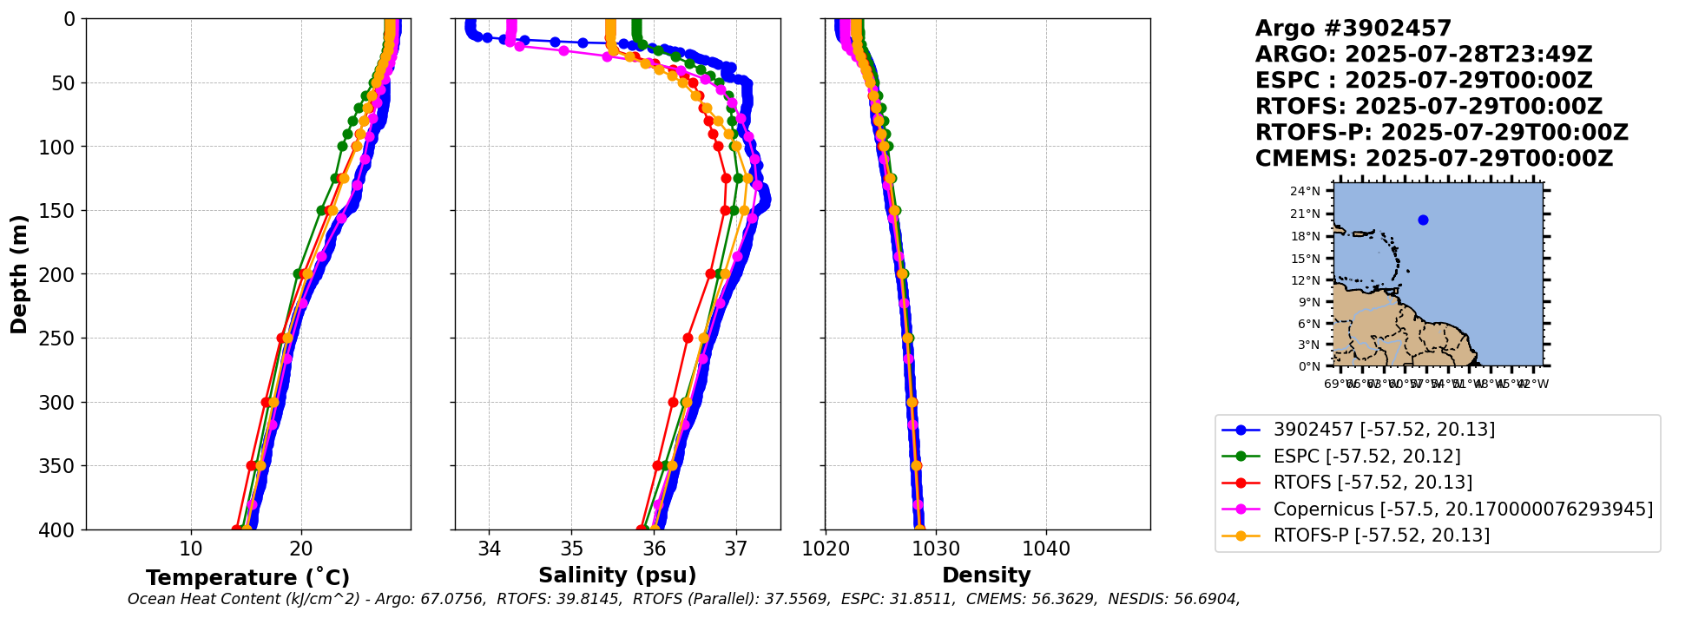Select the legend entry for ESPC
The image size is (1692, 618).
[1366, 457]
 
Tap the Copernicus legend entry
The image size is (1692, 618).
[1462, 510]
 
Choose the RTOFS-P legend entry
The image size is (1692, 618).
[1380, 536]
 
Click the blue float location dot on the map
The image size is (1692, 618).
[1423, 220]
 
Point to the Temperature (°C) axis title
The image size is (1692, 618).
[247, 578]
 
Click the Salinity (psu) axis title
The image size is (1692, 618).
[617, 575]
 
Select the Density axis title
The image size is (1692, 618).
[986, 575]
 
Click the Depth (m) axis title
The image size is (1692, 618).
[19, 274]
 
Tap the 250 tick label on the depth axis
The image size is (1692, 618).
[61, 339]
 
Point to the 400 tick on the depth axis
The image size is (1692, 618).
[61, 529]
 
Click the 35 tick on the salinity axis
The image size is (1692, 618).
[571, 549]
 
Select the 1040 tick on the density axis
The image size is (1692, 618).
[1046, 549]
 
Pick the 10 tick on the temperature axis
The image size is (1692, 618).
[191, 549]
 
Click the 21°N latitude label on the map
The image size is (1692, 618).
[1305, 214]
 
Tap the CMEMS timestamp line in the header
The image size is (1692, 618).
[1433, 159]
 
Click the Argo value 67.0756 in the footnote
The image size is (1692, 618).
[451, 599]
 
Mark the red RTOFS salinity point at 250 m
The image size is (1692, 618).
[688, 339]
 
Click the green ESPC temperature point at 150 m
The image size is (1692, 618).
[321, 210]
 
